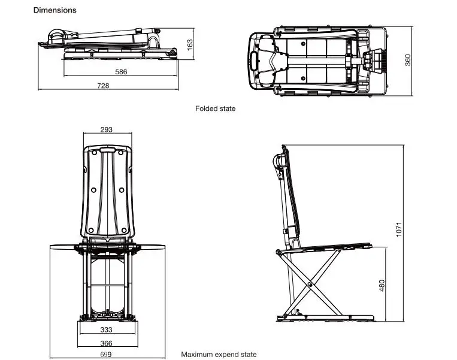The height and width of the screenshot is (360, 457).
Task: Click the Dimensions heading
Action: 55,10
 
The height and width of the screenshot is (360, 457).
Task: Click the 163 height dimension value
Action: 189,45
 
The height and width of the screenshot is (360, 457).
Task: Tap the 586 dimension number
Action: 121,72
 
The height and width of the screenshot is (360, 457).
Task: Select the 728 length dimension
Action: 103,86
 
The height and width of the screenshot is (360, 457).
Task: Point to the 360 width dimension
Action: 407,60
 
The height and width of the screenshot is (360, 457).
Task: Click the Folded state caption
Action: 216,108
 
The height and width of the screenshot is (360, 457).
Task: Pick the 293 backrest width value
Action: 106,129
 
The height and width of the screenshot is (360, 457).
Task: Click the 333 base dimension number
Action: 106,329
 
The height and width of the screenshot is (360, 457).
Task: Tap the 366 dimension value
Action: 106,343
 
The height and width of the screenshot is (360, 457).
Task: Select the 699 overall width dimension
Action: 106,355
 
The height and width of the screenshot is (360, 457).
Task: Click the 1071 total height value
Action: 399,229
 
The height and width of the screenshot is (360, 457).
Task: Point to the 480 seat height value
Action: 382,285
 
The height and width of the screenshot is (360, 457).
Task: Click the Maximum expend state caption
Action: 219,355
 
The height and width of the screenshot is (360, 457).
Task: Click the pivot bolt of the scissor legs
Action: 310,284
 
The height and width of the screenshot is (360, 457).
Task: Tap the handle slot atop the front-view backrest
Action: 107,150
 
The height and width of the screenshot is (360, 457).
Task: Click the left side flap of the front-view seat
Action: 63,247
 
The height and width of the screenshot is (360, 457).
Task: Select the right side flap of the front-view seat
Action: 152,247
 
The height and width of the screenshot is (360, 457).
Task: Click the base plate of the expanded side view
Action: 325,318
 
